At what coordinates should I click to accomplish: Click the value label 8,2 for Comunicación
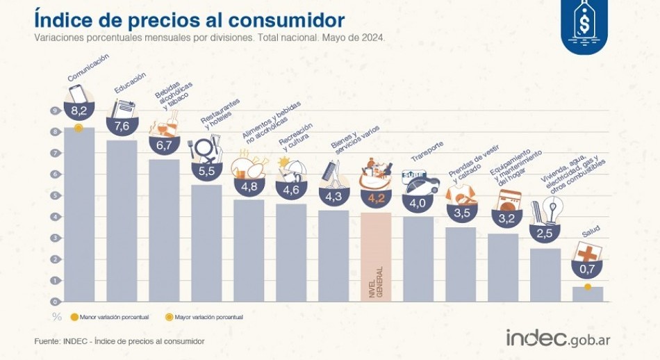pos(79,111)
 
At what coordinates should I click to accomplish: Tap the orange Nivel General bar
pos(376,256)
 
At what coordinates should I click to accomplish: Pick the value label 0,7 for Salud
pos(587,269)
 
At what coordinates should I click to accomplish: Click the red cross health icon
pos(587,252)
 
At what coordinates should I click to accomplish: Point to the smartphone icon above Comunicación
pos(78,93)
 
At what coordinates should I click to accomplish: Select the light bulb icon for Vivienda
pos(554,209)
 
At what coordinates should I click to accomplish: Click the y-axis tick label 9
pos(53,111)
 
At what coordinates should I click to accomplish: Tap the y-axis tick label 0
pos(53,302)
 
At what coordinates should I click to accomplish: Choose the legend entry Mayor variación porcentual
pos(204,317)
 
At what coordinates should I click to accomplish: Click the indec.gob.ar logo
pos(558,338)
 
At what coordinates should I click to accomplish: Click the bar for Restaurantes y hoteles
pos(206,243)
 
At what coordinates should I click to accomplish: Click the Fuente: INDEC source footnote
pos(119,341)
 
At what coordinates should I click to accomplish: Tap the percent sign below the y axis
pos(56,317)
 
